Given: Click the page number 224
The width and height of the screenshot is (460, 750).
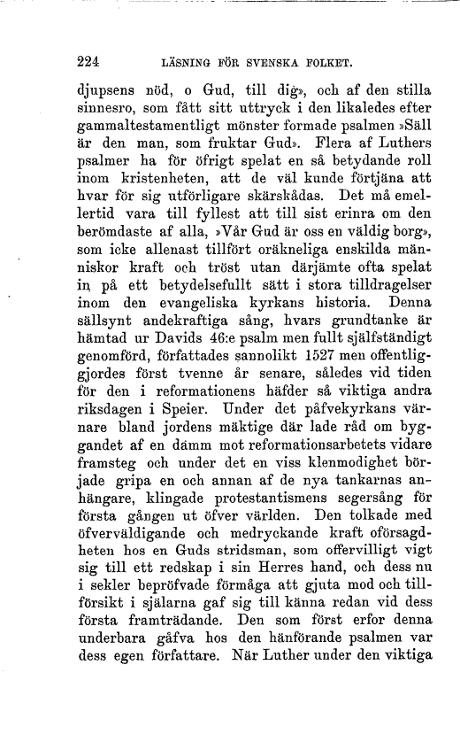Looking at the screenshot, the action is tap(87, 62).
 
